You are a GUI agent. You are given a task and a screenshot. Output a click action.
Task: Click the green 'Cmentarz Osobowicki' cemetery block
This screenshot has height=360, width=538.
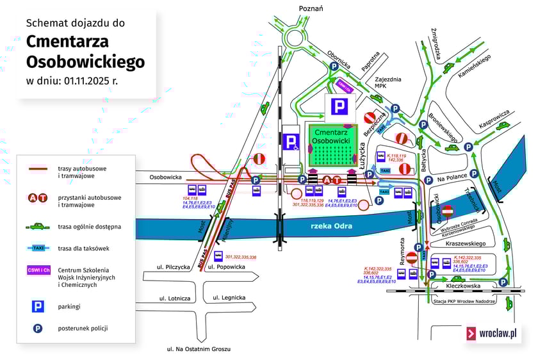[x=331, y=145]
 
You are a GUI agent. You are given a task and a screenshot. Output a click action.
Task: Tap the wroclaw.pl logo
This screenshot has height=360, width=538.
[x=493, y=333]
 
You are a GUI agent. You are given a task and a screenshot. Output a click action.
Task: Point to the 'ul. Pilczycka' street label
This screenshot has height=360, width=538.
[x=174, y=266]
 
